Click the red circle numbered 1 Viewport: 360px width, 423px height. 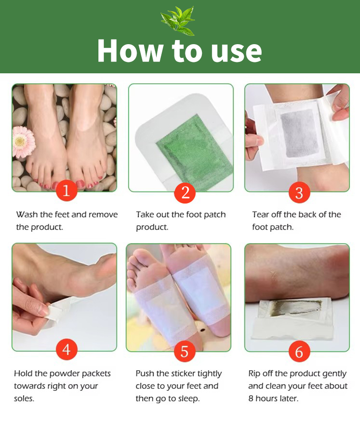pos(67,190)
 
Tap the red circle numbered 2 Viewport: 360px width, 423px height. pos(185,193)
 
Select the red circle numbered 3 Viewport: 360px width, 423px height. pos(299,193)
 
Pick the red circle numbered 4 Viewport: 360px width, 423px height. pos(67,350)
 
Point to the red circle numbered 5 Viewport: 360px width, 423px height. pos(185,352)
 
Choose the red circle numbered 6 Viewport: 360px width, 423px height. pos(299,352)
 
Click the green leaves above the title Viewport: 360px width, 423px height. pos(178,21)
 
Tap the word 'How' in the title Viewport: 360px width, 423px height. pos(130,51)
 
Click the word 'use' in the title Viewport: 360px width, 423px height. pos(237,52)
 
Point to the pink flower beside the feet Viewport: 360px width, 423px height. pos(24,142)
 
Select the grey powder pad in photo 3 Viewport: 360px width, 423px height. pos(299,134)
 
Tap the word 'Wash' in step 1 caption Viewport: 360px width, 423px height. pos(27,214)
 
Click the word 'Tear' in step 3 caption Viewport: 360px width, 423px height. pos(261,214)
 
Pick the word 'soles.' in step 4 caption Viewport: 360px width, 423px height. pos(24,398)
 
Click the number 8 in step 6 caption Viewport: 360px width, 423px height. pos(251,398)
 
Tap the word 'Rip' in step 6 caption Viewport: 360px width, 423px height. pos(254,374)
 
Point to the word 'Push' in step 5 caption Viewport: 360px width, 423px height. pos(145,374)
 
